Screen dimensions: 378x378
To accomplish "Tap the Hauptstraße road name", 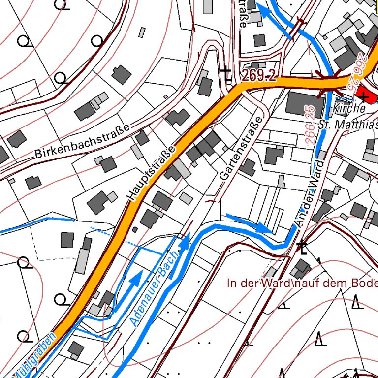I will click(x=152, y=173).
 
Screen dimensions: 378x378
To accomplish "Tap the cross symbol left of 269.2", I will click(x=226, y=74).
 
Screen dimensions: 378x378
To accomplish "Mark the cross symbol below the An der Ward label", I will click(x=302, y=248).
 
